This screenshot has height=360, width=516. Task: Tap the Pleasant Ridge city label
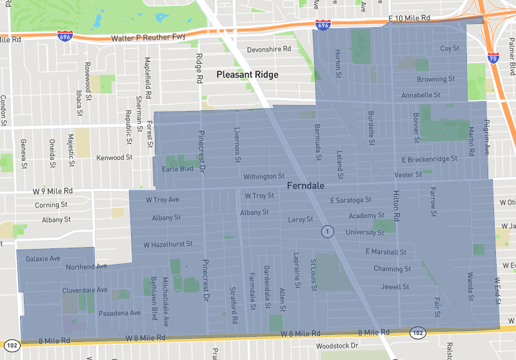247,75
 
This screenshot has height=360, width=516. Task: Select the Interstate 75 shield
493,59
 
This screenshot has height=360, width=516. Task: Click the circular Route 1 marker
328,231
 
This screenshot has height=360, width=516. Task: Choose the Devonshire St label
269,50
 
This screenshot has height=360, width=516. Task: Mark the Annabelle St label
421,95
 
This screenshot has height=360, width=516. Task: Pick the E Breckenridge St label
430,159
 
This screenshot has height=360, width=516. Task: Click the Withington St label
263,176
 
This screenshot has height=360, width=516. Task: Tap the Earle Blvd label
178,169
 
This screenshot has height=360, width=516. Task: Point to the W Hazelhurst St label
168,245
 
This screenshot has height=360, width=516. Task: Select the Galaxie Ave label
43,258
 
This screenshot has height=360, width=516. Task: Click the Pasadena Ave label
119,313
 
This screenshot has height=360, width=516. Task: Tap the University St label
364,232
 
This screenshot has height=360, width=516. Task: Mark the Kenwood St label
114,157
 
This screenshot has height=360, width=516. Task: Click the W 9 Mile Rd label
53,192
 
